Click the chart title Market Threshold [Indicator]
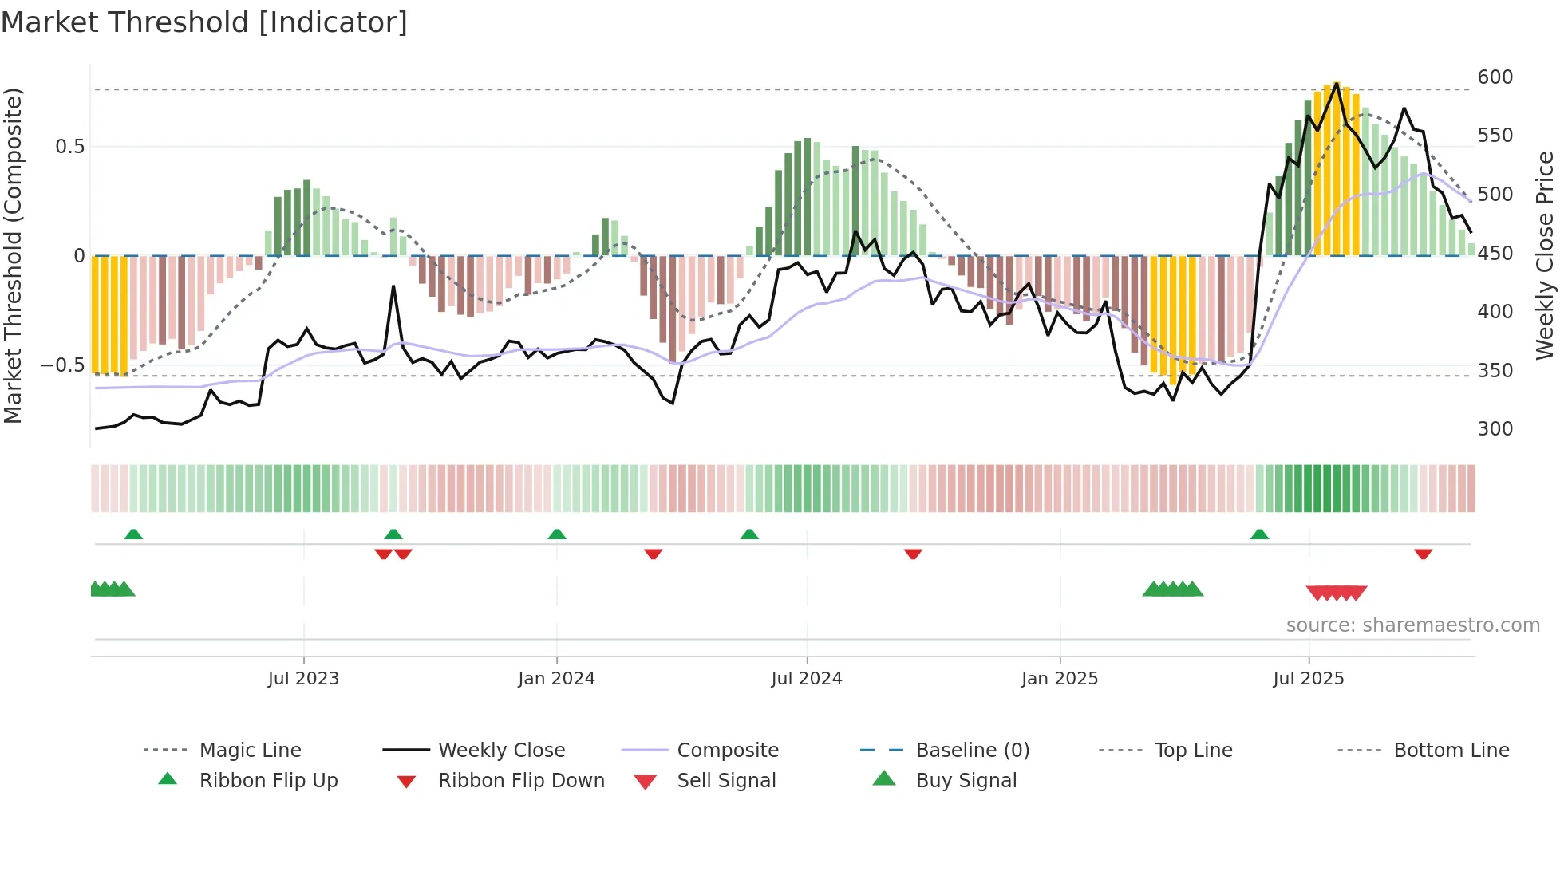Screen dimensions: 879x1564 pos(204,22)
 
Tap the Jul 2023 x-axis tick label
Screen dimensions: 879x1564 pos(303,679)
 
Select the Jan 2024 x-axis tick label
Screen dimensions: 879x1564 pos(556,679)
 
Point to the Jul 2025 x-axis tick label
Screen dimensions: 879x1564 pos(1309,679)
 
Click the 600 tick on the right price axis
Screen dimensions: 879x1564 pos(1495,77)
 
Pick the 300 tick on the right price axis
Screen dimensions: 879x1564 pos(1495,429)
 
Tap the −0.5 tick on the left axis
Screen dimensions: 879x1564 pos(62,365)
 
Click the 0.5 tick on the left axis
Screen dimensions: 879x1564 pos(69,147)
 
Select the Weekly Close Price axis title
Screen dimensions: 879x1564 pos(1546,255)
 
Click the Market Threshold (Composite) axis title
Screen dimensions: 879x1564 pos(13,255)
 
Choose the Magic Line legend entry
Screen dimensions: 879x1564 pos(250,751)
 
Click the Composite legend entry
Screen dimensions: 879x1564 pos(727,751)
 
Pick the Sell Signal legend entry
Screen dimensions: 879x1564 pos(725,781)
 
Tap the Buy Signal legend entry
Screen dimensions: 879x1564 pos(966,781)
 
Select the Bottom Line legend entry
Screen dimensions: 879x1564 pos(1451,751)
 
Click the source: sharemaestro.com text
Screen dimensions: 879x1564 pos(1412,625)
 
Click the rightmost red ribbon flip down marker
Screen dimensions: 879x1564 pos(1423,554)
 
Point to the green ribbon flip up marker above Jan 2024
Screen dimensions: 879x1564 pos(557,534)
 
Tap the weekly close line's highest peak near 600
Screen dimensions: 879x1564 pos(1337,83)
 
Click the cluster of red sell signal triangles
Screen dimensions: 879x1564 pos(1337,593)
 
